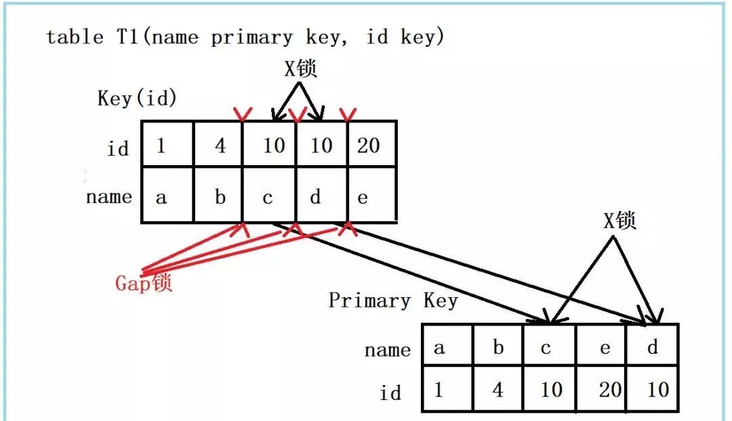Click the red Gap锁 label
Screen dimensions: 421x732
(x=144, y=282)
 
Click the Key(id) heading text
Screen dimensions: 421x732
(x=137, y=99)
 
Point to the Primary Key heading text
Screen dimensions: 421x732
(x=393, y=301)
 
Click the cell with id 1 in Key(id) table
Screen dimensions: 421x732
(x=167, y=145)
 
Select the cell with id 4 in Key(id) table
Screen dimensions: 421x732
(x=220, y=145)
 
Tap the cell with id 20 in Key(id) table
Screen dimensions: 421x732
(x=370, y=145)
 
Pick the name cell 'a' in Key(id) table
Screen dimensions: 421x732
(x=167, y=197)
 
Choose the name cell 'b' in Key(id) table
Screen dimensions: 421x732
(x=220, y=197)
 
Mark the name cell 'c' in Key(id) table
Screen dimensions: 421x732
(x=269, y=197)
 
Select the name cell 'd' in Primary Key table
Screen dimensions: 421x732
(x=652, y=349)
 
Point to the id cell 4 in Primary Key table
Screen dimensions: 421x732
(x=498, y=389)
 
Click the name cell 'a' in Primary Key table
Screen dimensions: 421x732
(x=447, y=349)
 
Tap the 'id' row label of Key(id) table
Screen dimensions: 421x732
(x=118, y=148)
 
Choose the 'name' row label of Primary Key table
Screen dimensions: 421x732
(x=387, y=350)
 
